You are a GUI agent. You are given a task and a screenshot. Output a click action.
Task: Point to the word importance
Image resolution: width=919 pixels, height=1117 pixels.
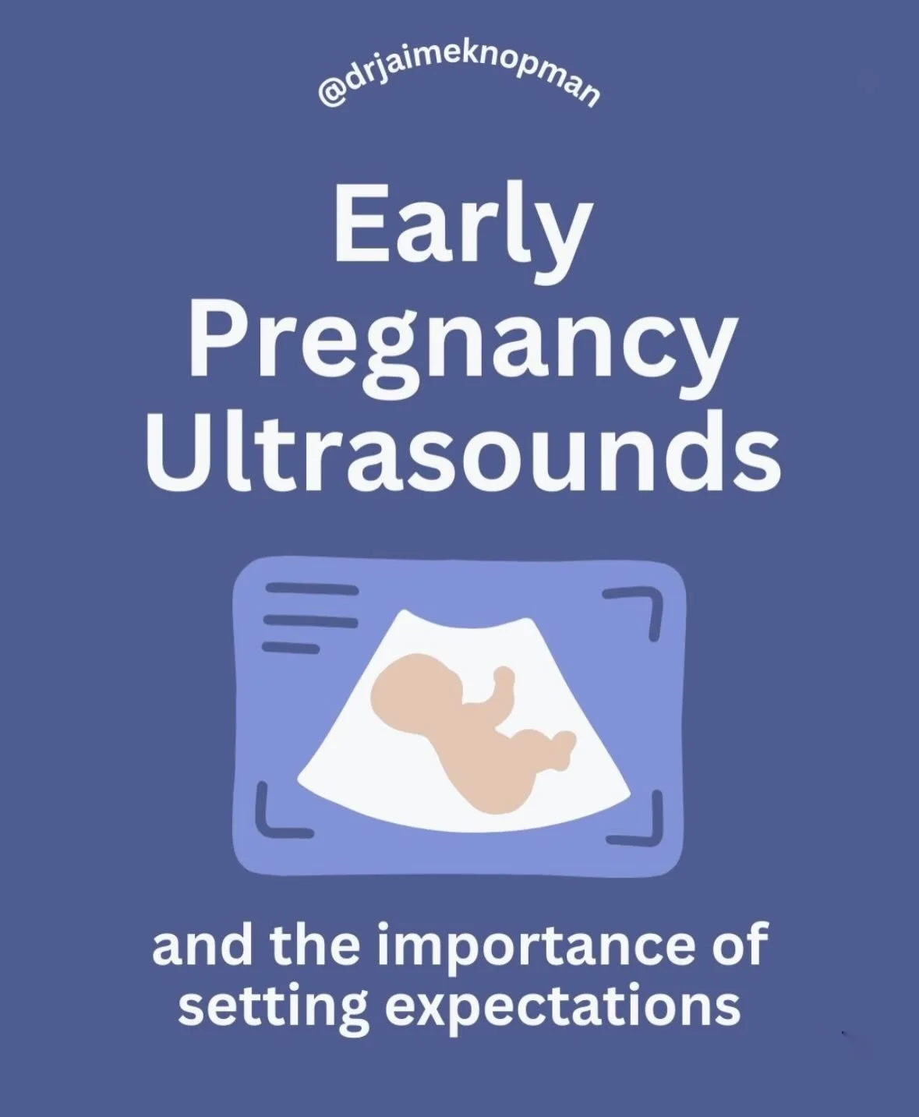[x=539, y=945]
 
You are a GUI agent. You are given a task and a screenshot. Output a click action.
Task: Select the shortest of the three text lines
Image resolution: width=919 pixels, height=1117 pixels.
[x=291, y=646]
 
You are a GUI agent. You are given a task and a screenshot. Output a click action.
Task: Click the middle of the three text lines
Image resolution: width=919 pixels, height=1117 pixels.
[x=310, y=620]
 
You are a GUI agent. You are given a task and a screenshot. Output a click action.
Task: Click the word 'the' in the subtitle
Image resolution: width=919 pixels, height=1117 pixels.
[x=316, y=945]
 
